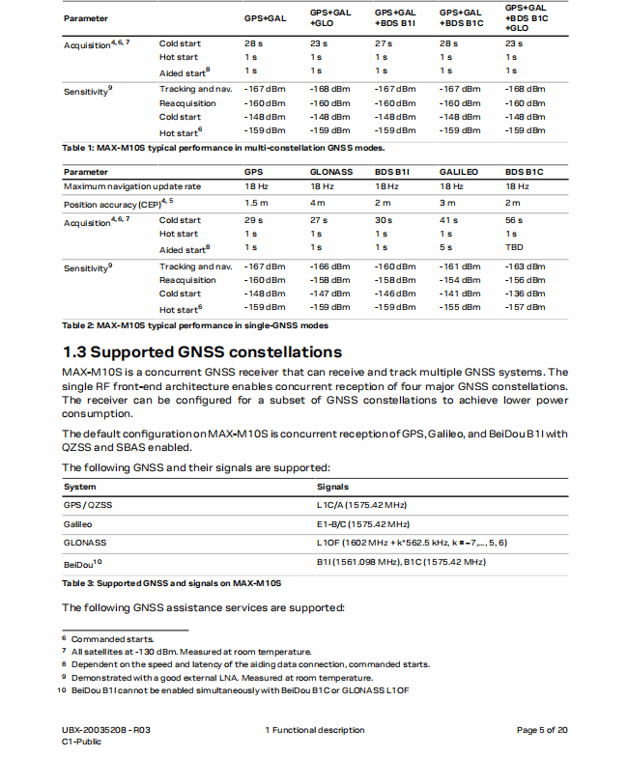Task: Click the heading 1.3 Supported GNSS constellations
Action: tap(202, 351)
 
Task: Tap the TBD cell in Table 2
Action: tap(516, 248)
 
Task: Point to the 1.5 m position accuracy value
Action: tap(256, 203)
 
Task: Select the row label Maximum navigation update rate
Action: tap(132, 186)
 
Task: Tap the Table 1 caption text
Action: tap(223, 148)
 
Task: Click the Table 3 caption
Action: tap(171, 583)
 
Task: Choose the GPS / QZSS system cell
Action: tap(86, 504)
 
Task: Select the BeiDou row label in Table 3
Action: tap(82, 562)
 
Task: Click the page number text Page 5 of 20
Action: tap(542, 730)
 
